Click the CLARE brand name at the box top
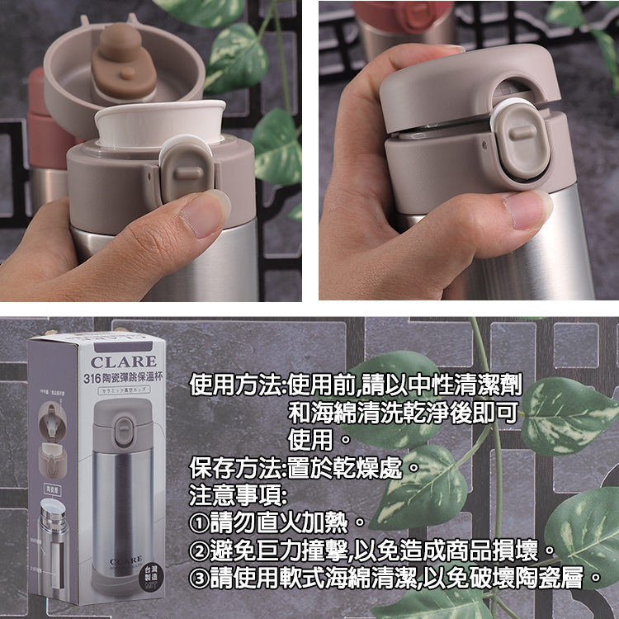[x=124, y=361]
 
